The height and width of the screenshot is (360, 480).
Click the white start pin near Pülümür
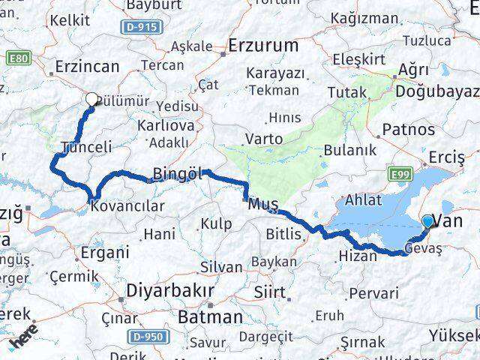[91, 98]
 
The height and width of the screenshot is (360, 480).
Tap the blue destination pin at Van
[427, 221]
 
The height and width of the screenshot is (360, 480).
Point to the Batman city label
[210, 316]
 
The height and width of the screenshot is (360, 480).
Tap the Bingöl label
[178, 174]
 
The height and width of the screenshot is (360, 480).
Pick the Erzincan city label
[87, 67]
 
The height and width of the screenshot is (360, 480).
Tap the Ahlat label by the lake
[363, 200]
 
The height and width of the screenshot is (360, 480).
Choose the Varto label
[264, 139]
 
